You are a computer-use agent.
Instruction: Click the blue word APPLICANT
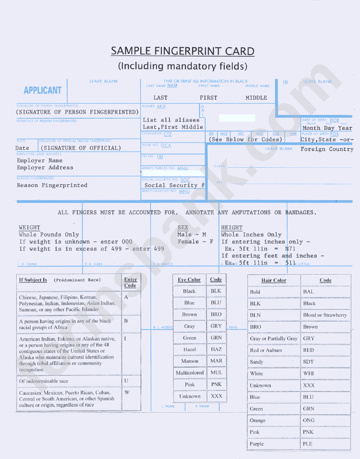tap(42, 91)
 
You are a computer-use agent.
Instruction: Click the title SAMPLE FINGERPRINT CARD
tap(182, 51)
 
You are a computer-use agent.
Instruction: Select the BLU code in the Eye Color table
tap(216, 303)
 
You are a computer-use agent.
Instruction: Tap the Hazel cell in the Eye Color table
tap(189, 350)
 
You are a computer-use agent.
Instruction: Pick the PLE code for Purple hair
tap(308, 444)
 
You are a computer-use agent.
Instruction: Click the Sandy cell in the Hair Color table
tap(257, 362)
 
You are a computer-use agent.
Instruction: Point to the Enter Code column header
tap(130, 283)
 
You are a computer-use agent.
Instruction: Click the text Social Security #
tap(174, 186)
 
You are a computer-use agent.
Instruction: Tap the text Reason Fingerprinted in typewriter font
tap(52, 186)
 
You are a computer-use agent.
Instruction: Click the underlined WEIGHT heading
tap(30, 228)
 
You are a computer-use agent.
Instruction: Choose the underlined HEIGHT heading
tap(232, 228)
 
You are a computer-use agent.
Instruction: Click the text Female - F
tap(195, 242)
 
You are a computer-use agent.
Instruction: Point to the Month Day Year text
tap(327, 128)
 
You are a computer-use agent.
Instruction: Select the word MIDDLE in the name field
tap(256, 98)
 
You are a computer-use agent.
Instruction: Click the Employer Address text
tap(45, 168)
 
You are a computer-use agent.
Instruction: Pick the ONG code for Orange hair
tap(308, 420)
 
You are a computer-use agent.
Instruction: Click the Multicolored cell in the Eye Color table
tap(189, 373)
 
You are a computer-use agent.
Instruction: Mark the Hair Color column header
tap(274, 281)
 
